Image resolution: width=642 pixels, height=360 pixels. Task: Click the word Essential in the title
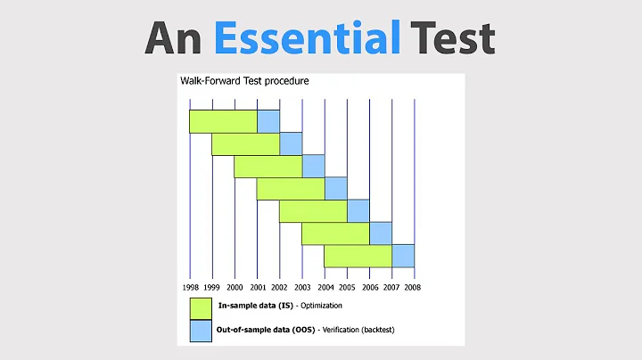click(x=308, y=37)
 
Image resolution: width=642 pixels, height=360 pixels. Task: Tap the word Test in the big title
click(x=453, y=37)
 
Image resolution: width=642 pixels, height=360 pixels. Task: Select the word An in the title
click(x=175, y=37)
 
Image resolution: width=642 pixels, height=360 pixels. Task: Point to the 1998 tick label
click(x=190, y=287)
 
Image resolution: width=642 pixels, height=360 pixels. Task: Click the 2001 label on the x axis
click(x=258, y=287)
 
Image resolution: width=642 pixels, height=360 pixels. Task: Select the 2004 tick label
click(x=325, y=287)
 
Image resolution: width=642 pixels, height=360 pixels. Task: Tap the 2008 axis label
click(x=414, y=287)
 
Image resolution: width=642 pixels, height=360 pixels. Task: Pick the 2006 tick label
click(x=369, y=287)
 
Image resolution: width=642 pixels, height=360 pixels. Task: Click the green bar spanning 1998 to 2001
click(x=223, y=121)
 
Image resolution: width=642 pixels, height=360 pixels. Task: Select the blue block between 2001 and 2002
click(x=268, y=121)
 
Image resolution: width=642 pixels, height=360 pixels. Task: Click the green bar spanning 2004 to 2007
click(x=358, y=256)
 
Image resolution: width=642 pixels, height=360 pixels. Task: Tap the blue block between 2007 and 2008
click(x=403, y=256)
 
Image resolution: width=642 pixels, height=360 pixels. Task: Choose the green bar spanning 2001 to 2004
click(x=291, y=189)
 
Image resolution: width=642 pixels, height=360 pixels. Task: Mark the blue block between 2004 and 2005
click(x=336, y=189)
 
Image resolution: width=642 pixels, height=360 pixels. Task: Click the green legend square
click(x=201, y=307)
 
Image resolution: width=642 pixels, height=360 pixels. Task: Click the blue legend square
click(x=201, y=330)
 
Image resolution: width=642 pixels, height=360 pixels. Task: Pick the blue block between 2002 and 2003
click(x=291, y=143)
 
